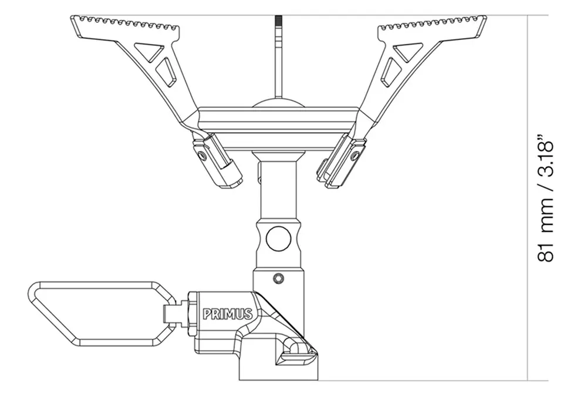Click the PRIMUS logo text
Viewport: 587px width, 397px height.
tap(228, 314)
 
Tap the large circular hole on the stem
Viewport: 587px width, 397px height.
tap(278, 238)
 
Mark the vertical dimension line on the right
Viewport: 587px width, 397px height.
tap(529, 200)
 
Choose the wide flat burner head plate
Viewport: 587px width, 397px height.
tap(278, 126)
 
